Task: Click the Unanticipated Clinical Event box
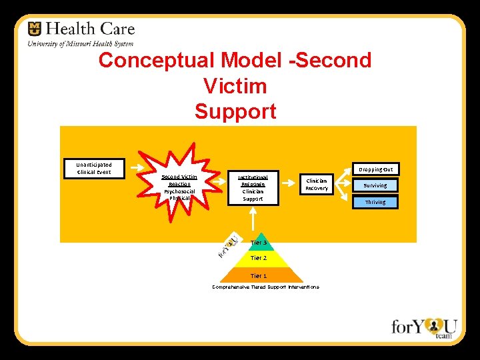pyautogui.click(x=94, y=168)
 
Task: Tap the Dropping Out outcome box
pyautogui.click(x=375, y=169)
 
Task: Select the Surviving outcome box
pyautogui.click(x=375, y=185)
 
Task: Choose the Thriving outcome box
pyautogui.click(x=375, y=201)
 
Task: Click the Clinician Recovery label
pyautogui.click(x=317, y=185)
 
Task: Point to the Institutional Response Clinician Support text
pyautogui.click(x=253, y=187)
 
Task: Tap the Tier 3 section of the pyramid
pyautogui.click(x=259, y=243)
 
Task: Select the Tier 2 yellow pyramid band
pyautogui.click(x=259, y=257)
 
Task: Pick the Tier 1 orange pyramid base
pyautogui.click(x=259, y=275)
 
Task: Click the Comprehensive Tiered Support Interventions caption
pyautogui.click(x=265, y=287)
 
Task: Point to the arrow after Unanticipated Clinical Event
pyautogui.click(x=137, y=168)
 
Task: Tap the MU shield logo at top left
pyautogui.click(x=35, y=29)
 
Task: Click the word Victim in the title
pyautogui.click(x=235, y=86)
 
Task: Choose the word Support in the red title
pyautogui.click(x=235, y=111)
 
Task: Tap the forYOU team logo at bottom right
pyautogui.click(x=424, y=327)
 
